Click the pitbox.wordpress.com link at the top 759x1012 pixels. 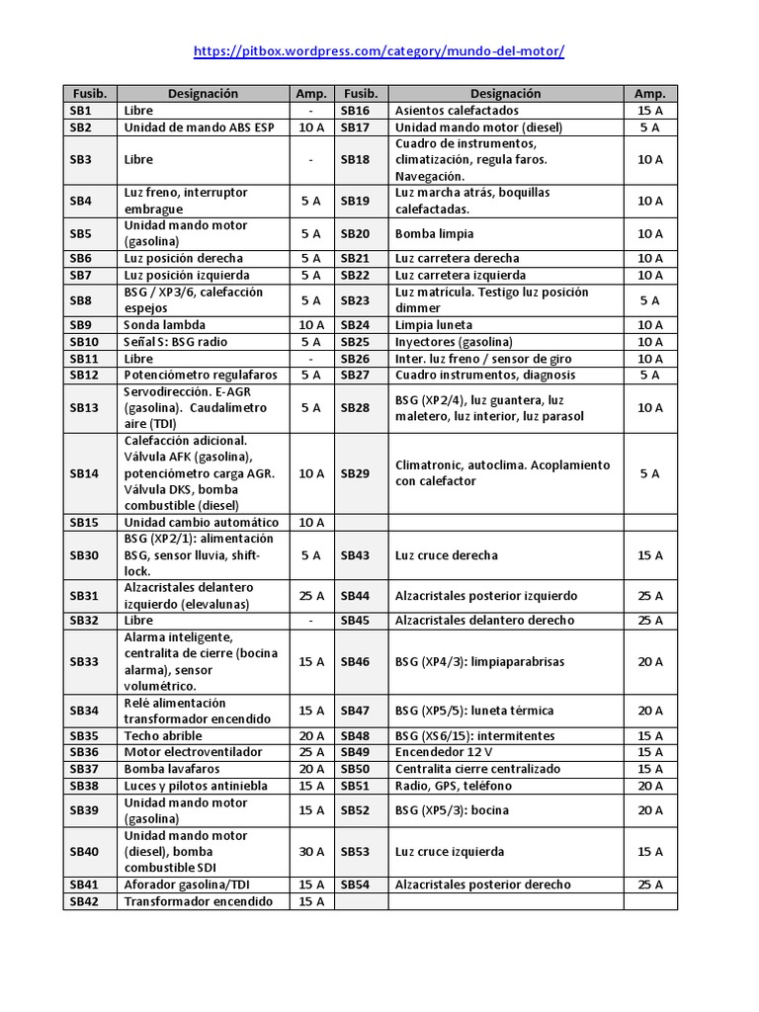click(379, 50)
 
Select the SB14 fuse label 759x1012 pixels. click(84, 473)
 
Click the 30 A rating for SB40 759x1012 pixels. click(310, 852)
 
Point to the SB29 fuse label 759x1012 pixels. click(355, 473)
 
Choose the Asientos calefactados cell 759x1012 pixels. click(456, 111)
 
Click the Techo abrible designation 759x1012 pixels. click(162, 736)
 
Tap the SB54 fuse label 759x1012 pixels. click(355, 885)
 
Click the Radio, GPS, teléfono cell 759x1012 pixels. click(453, 786)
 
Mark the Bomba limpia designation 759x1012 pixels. click(434, 234)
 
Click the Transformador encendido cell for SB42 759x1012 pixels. click(198, 902)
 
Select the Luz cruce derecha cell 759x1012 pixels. click(446, 555)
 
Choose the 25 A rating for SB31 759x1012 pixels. click(310, 596)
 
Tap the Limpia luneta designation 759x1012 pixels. click(433, 325)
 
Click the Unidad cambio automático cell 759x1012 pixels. click(201, 523)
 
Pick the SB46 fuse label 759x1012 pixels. click(355, 662)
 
